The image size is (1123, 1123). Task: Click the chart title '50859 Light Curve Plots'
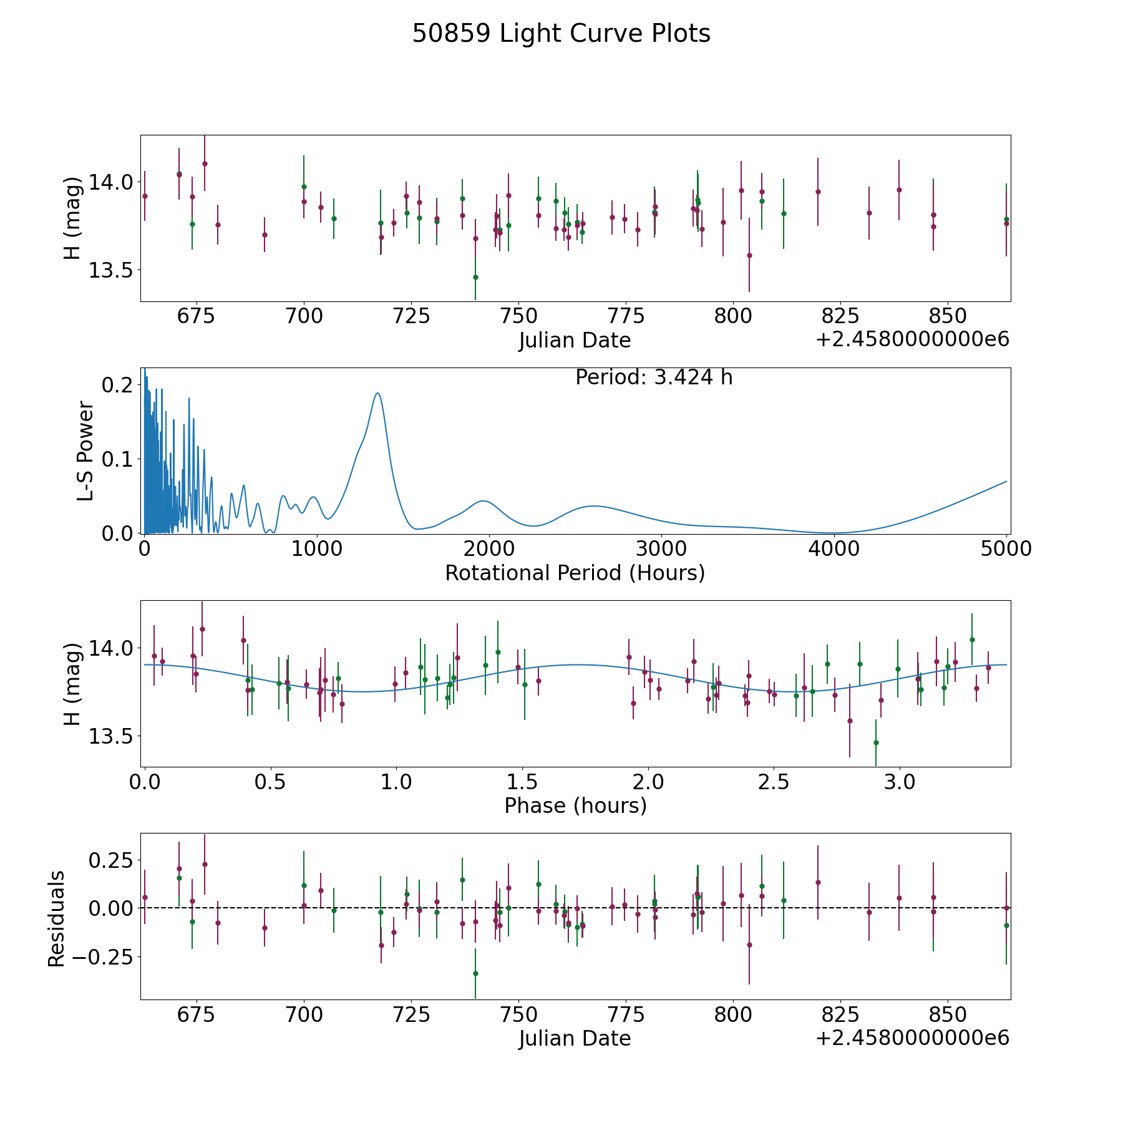coord(561,34)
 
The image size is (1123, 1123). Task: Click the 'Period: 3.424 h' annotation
coord(654,377)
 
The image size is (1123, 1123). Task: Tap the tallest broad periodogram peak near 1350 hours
coord(377,393)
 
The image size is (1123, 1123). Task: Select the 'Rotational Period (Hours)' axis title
coord(575,573)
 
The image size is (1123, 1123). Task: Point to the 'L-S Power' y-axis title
coord(86,450)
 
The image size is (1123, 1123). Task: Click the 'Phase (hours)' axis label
coord(575,806)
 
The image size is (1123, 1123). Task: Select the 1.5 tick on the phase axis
coord(522,781)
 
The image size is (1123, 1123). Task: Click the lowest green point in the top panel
coord(475,277)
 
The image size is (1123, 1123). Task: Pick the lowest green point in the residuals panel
coord(475,973)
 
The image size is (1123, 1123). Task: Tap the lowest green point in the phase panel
coord(876,742)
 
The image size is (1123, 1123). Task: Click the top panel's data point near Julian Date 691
coord(265,235)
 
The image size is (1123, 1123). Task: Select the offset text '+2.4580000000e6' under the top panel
coord(912,340)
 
